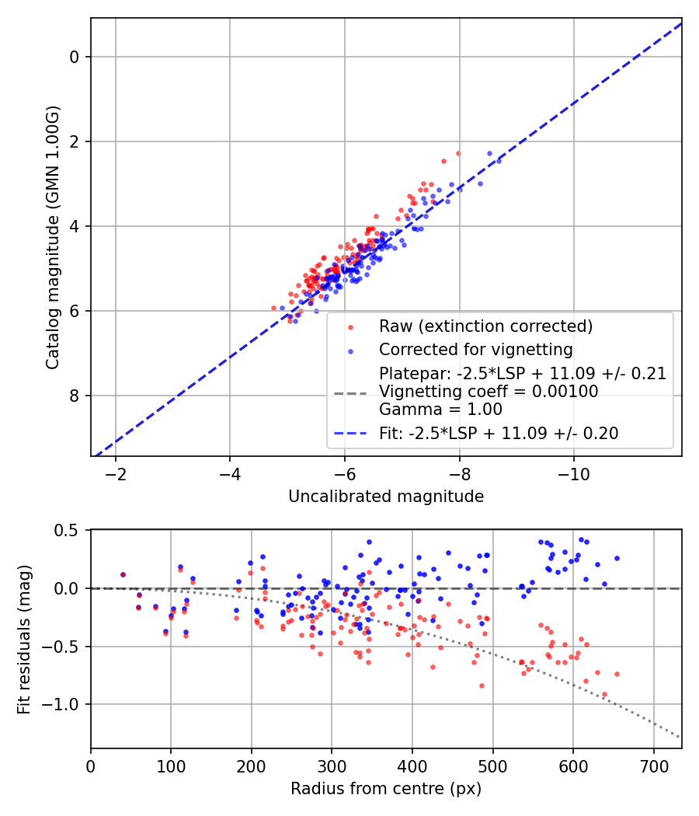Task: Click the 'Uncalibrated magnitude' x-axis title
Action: pos(386,497)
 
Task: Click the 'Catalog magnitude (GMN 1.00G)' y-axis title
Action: pos(52,236)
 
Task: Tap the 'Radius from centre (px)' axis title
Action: pos(386,789)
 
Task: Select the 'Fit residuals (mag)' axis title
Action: pos(24,638)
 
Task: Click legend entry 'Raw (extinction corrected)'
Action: pos(485,326)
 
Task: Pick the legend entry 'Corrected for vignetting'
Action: pos(475,349)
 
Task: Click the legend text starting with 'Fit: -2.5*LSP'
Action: pos(499,434)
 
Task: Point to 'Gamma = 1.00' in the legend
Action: pos(440,410)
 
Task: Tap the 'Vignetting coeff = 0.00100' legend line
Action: pos(489,392)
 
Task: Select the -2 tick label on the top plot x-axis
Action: pos(116,473)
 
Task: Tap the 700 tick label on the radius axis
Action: pos(653,765)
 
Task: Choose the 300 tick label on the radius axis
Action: pos(332,765)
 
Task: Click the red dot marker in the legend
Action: pos(349,326)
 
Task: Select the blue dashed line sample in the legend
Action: pos(349,434)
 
